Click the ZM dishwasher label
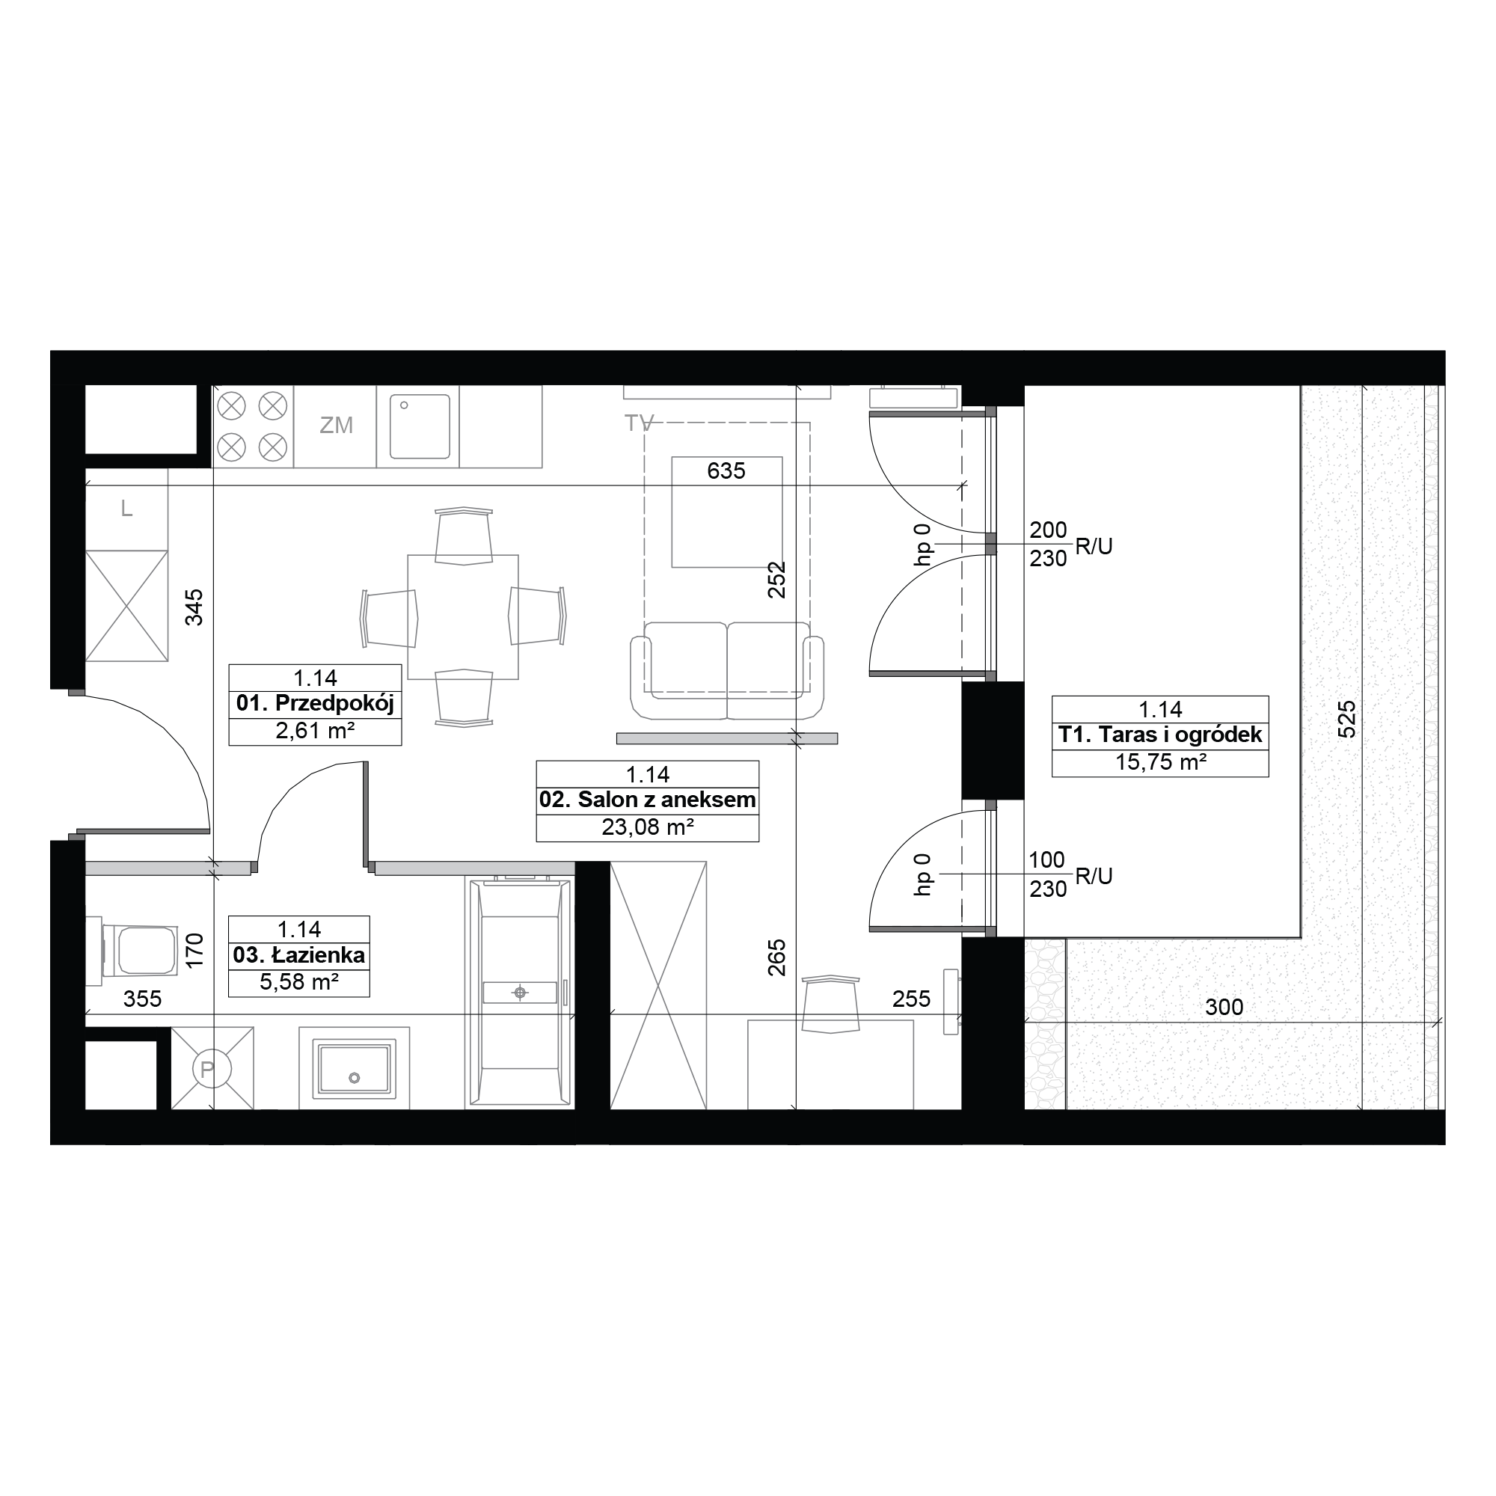coord(337,425)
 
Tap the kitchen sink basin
coord(420,426)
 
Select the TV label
coord(639,423)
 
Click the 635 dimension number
coord(726,470)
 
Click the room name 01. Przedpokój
coord(315,703)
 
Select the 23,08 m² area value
coord(647,828)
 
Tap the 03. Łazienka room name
coord(299,954)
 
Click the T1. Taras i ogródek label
coord(1160,735)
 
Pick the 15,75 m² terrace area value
coord(1161,762)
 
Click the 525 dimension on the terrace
coord(1347,720)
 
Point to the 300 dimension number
coord(1224,1008)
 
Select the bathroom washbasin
coord(354,1070)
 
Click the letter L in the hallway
coord(127,509)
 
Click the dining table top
coord(463,617)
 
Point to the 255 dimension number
coord(910,999)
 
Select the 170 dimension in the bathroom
coord(194,949)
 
